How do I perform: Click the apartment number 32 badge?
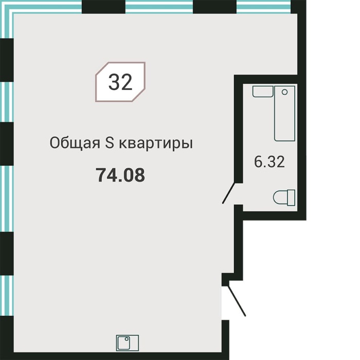[120, 82]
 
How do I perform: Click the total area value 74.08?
[120, 175]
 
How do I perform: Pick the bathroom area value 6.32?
[269, 162]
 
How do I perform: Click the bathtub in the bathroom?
[284, 114]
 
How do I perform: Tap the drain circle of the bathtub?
[284, 92]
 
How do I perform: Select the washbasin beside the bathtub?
[262, 92]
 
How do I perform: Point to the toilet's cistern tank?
[292, 197]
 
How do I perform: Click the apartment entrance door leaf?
[237, 300]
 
